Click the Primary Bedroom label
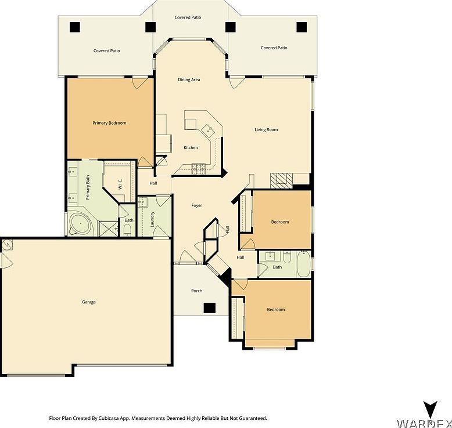pos(109,123)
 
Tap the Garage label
pos(89,302)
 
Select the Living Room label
pos(266,130)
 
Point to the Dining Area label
pos(189,79)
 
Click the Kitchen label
pos(191,148)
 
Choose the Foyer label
pos(197,205)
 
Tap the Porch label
pos(197,291)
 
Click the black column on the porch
pos(210,307)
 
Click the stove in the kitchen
pos(199,169)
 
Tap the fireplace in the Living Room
pos(281,179)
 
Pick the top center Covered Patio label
pos(188,17)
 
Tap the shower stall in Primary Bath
pos(107,228)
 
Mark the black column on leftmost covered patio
pos(74,27)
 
